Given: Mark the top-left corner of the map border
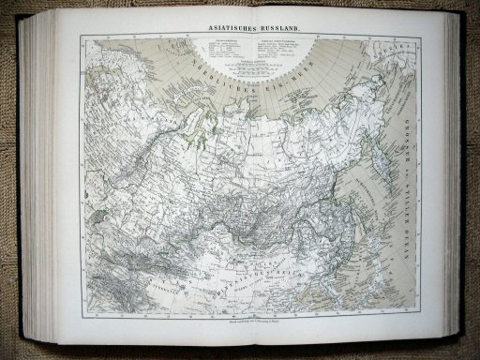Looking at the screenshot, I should pos(82,37).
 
